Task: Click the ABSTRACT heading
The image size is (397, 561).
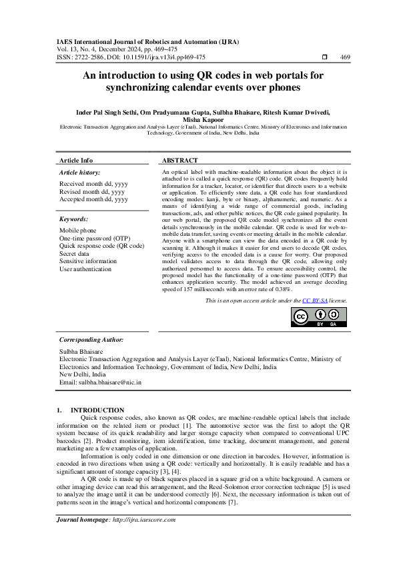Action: tap(179, 161)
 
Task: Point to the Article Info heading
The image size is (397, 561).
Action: tap(76, 161)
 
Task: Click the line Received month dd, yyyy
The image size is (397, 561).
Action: tap(93, 183)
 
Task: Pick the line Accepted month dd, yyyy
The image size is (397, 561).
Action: tap(93, 199)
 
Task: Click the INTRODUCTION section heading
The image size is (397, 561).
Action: tap(97, 410)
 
